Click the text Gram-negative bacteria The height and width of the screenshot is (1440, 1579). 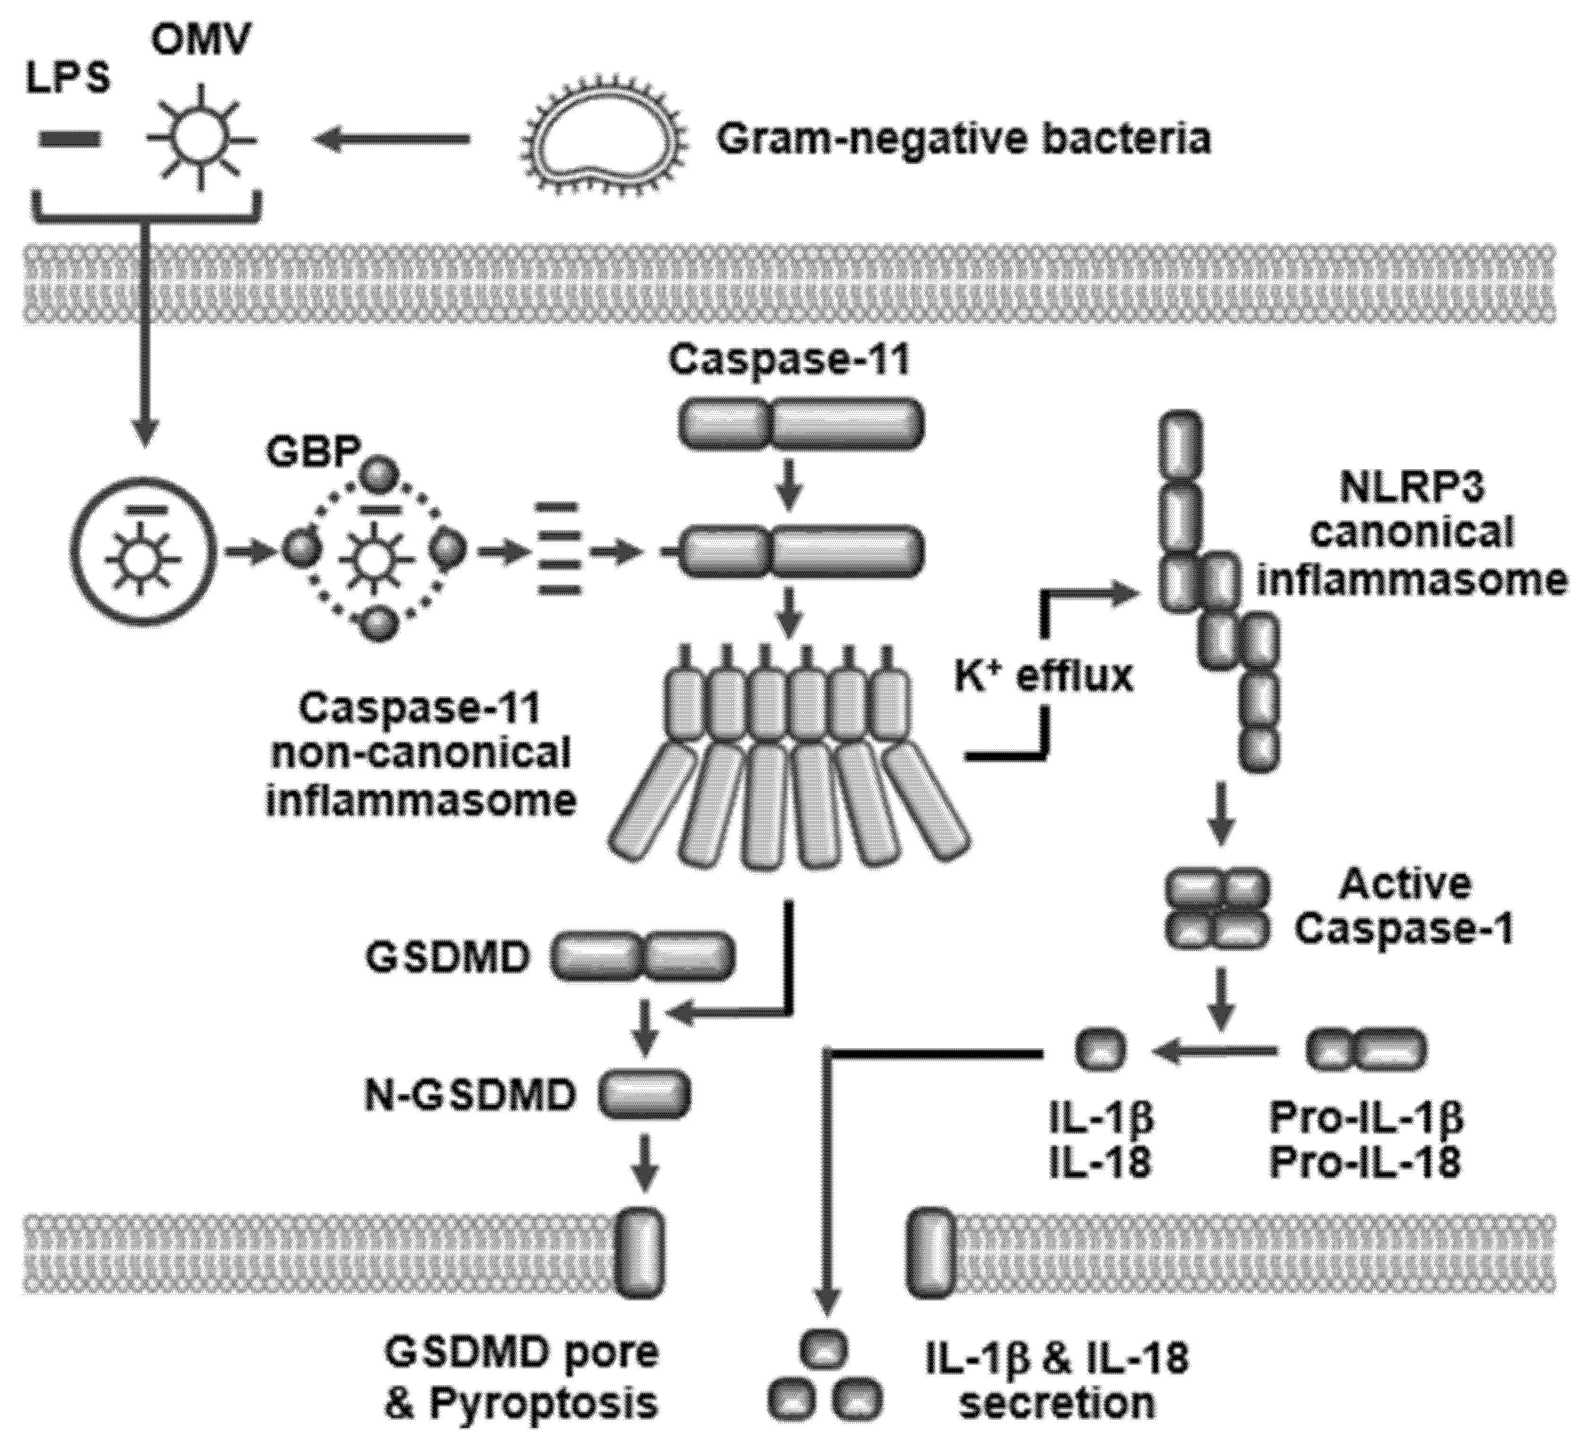(964, 140)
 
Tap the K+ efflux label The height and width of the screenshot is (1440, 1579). (1044, 676)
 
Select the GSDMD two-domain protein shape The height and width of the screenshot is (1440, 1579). (644, 956)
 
